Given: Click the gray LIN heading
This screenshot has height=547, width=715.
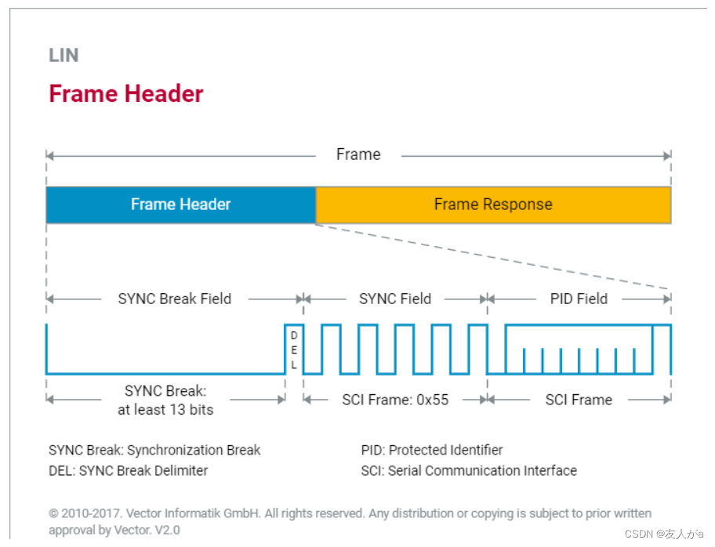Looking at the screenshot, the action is click(64, 55).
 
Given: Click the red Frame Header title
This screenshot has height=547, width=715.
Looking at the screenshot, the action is click(126, 94).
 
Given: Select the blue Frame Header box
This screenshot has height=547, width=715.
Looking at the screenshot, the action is click(181, 205).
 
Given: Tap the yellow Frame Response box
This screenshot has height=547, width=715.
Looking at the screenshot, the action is click(493, 205).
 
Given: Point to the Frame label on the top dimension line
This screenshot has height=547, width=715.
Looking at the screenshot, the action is click(358, 154).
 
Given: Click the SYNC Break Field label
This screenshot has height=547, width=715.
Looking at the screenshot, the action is click(175, 299).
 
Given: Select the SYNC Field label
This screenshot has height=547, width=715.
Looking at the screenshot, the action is click(395, 299).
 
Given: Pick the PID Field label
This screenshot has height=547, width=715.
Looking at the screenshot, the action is click(579, 299).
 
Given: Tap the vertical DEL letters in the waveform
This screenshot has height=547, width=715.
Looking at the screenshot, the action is click(294, 350).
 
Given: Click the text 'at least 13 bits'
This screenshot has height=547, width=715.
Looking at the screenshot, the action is click(165, 410).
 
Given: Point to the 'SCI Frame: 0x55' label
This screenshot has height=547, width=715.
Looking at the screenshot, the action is click(395, 400).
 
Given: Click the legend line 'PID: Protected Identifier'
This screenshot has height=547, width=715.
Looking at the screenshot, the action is click(432, 451).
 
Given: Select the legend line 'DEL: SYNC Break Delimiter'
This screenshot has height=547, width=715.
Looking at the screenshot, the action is click(128, 470).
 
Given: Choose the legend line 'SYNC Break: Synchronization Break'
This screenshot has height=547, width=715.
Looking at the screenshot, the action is click(154, 451).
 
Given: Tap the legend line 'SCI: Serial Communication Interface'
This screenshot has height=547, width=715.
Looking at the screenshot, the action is click(469, 470).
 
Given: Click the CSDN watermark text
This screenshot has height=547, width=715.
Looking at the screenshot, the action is click(664, 534).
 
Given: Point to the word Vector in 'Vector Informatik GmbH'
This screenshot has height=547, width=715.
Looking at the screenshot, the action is click(143, 514).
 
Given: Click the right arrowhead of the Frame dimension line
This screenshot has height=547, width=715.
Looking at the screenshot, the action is click(667, 156).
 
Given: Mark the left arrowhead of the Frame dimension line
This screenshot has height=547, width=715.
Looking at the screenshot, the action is click(50, 156).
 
